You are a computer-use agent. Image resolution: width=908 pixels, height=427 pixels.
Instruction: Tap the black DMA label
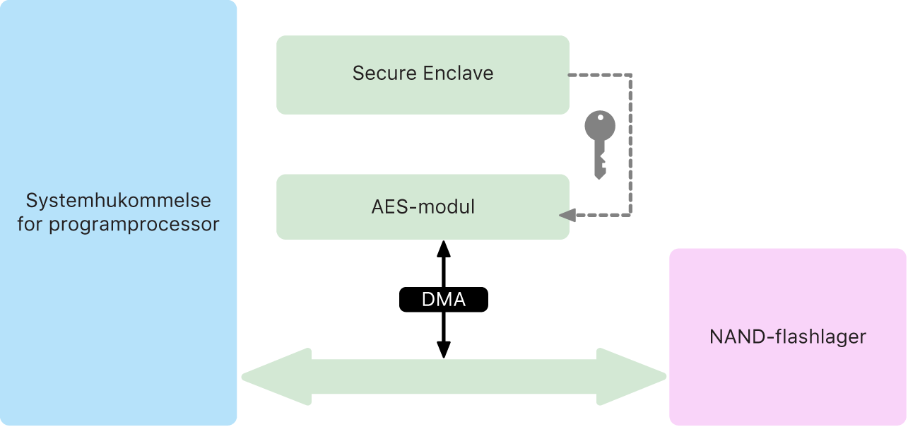(x=444, y=300)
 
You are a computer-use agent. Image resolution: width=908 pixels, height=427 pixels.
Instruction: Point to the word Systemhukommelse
(x=119, y=201)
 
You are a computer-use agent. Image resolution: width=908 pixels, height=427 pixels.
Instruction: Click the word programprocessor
(x=134, y=225)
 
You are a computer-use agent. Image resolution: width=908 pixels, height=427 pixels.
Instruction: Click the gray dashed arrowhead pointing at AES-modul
(x=566, y=215)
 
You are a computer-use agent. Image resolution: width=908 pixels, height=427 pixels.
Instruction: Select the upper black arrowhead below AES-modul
(x=444, y=248)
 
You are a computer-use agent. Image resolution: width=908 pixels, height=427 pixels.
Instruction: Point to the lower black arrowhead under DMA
(x=444, y=349)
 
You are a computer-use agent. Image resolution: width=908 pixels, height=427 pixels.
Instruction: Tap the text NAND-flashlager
(x=787, y=337)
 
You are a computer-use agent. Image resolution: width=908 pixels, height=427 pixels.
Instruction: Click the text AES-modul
(x=423, y=207)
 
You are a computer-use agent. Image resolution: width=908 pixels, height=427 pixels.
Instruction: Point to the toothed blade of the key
(x=600, y=164)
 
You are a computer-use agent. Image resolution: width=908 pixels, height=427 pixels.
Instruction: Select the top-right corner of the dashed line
(x=630, y=74)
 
